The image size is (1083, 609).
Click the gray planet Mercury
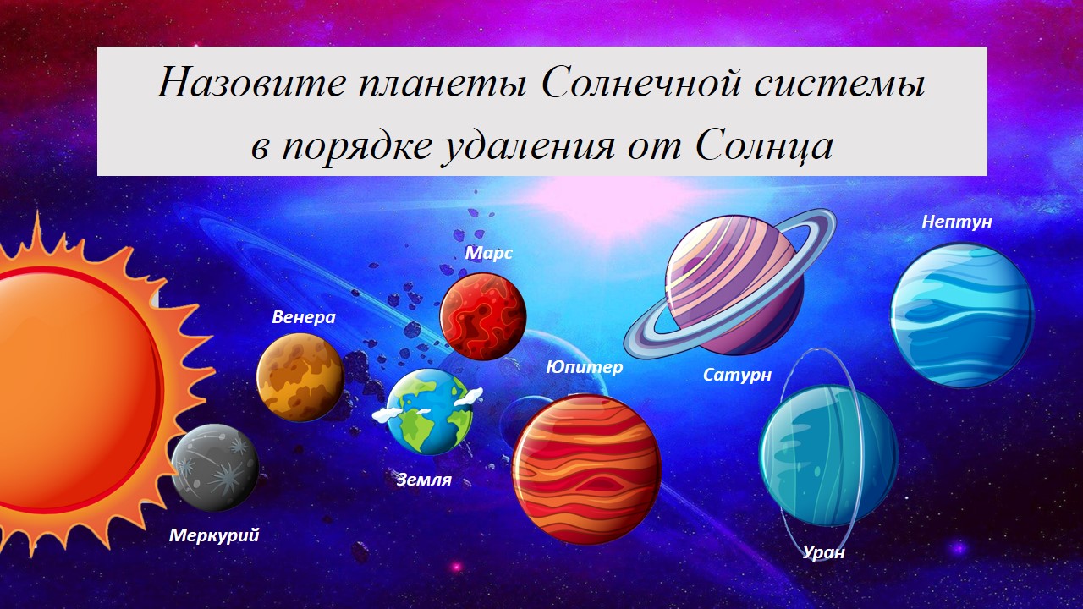[215, 468]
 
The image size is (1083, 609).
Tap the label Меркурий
[214, 535]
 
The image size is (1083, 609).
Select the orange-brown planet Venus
[300, 377]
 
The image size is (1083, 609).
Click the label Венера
[304, 317]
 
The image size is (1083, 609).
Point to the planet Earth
[428, 412]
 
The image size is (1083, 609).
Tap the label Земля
[424, 480]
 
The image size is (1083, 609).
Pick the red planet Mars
[483, 316]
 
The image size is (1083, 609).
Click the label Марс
[489, 253]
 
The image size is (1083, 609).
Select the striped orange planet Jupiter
[586, 469]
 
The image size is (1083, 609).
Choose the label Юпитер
[585, 367]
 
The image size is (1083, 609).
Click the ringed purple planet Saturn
[730, 285]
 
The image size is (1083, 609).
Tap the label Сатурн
[737, 375]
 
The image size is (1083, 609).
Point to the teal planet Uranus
[829, 455]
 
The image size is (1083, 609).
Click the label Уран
[824, 552]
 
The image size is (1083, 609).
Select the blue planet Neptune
[962, 315]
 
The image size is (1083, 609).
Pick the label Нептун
[957, 222]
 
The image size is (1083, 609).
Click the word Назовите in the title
[252, 83]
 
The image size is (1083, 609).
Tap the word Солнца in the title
[764, 145]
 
